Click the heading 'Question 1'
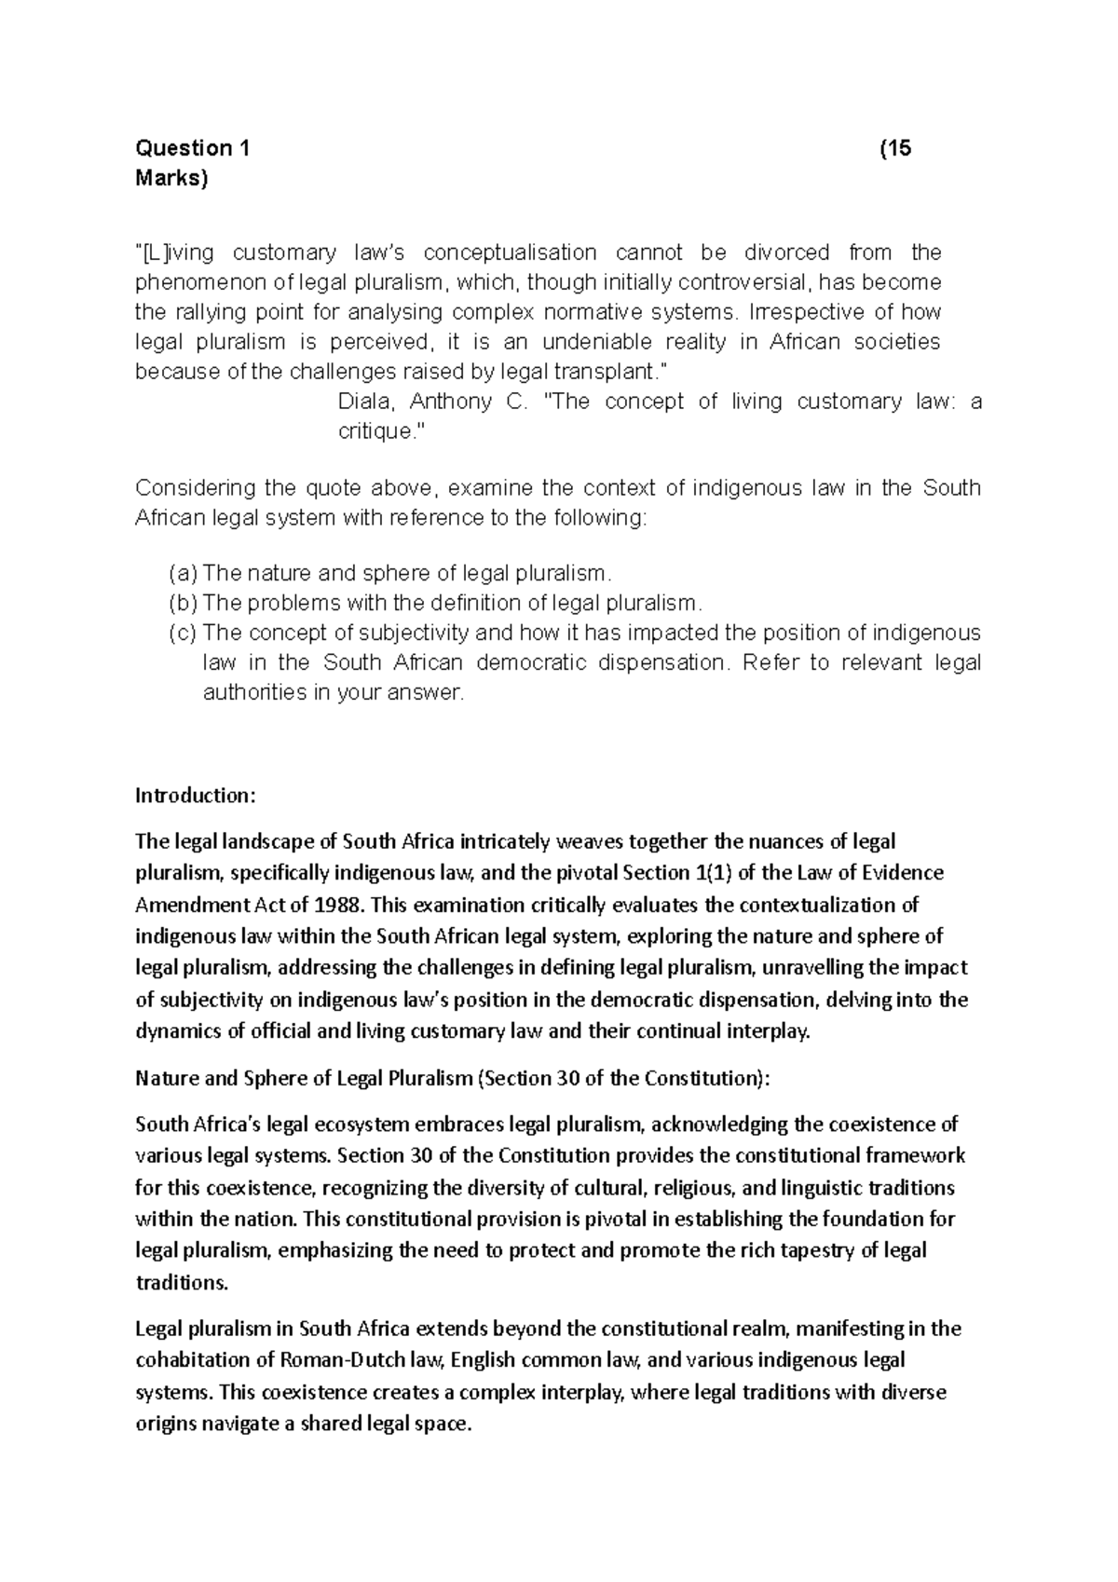pyautogui.click(x=193, y=148)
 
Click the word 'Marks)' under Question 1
pyautogui.click(x=172, y=178)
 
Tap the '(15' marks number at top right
pyautogui.click(x=895, y=148)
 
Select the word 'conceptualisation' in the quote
pyautogui.click(x=510, y=252)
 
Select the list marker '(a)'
pyautogui.click(x=184, y=573)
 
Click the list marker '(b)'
pyautogui.click(x=184, y=603)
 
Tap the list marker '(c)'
pyautogui.click(x=184, y=633)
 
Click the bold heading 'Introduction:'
pyautogui.click(x=194, y=796)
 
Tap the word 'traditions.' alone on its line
pyautogui.click(x=182, y=1282)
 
